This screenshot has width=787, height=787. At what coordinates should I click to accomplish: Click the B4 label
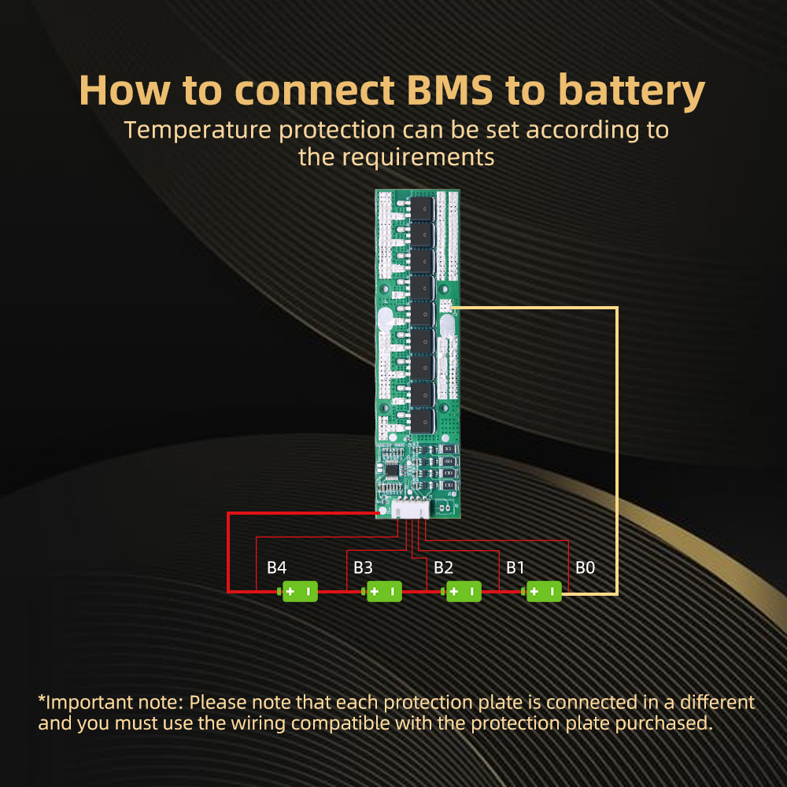[276, 567]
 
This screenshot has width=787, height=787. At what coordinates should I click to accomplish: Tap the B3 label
[363, 567]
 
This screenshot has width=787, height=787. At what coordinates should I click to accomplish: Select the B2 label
[443, 567]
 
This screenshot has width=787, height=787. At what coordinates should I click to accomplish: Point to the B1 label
[515, 567]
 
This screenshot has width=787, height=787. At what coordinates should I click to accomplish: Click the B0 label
[585, 567]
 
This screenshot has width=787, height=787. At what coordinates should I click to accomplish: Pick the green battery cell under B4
[297, 591]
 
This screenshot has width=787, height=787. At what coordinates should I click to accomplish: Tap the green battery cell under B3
[382, 591]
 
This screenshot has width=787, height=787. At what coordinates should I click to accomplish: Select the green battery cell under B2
[461, 591]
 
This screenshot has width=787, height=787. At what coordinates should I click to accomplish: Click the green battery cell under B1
[541, 591]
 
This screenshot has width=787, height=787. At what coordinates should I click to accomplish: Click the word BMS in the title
[449, 91]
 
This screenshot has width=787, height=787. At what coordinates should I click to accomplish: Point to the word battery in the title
[631, 92]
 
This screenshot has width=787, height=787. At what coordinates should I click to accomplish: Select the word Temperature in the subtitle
[198, 131]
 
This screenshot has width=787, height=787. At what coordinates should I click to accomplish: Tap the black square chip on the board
[391, 471]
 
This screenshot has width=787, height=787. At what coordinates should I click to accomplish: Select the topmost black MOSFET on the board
[422, 209]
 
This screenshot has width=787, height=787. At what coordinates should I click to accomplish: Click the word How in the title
[124, 91]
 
